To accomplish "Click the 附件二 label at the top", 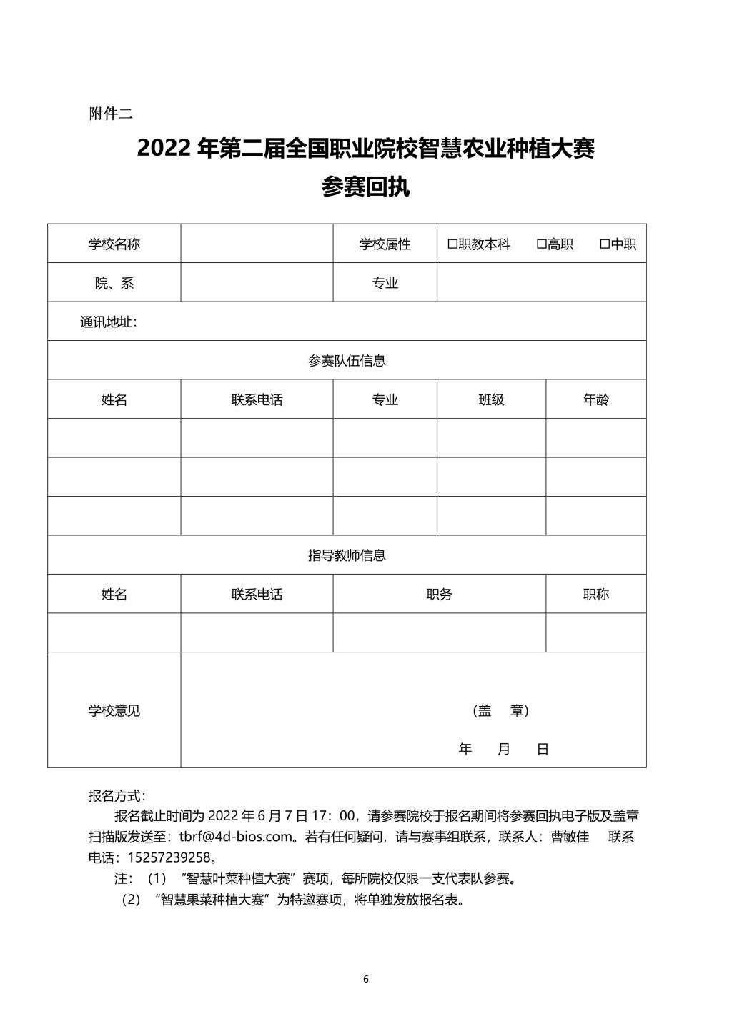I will [x=110, y=114].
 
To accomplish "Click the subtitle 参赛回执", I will [x=365, y=187].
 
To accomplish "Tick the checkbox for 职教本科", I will [x=452, y=244].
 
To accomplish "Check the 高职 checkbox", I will [x=541, y=244].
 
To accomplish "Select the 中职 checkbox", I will [x=604, y=244].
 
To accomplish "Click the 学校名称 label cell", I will [x=114, y=244].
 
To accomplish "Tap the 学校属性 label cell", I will [x=385, y=244].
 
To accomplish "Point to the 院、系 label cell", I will [x=114, y=283].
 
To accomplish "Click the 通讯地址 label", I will [x=108, y=322].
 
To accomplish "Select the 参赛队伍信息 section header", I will [x=347, y=361].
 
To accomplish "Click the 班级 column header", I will [x=491, y=400].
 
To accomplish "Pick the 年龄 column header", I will [x=595, y=400].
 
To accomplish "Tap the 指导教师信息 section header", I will [x=347, y=555].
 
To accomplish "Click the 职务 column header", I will [x=439, y=595].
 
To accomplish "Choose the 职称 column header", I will [x=595, y=595].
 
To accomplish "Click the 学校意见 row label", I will [x=114, y=711].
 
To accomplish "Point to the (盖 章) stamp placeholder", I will [x=500, y=711].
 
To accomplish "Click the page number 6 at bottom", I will [x=366, y=979].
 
